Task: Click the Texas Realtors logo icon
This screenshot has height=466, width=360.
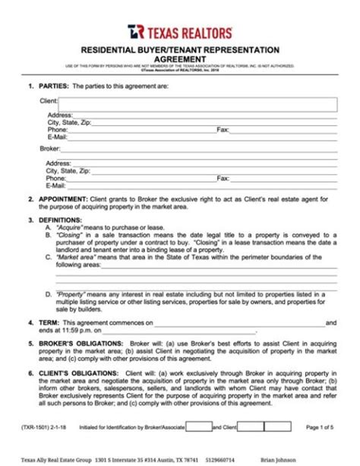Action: click(135, 30)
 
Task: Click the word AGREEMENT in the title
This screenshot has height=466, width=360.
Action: click(180, 57)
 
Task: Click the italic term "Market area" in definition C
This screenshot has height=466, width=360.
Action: click(74, 257)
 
